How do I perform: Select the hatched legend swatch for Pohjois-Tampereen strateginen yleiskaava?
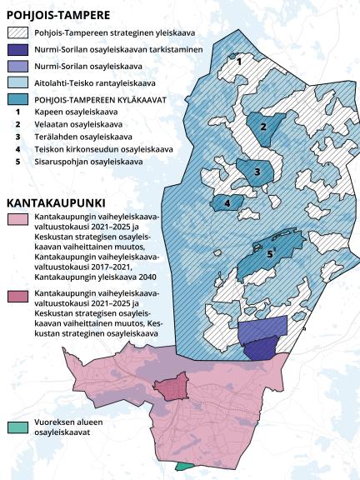pos(17,32)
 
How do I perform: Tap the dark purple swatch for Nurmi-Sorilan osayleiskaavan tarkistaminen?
pos(17,49)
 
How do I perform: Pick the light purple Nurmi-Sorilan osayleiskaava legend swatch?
pos(17,66)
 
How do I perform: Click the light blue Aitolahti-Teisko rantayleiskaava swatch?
pos(17,82)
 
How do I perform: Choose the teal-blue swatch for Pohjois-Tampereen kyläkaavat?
pos(17,100)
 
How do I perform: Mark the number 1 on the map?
pos(239,61)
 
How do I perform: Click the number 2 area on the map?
pos(263,127)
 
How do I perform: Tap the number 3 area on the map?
pos(257,172)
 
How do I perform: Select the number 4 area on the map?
pos(227,202)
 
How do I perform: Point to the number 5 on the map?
pos(269,253)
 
